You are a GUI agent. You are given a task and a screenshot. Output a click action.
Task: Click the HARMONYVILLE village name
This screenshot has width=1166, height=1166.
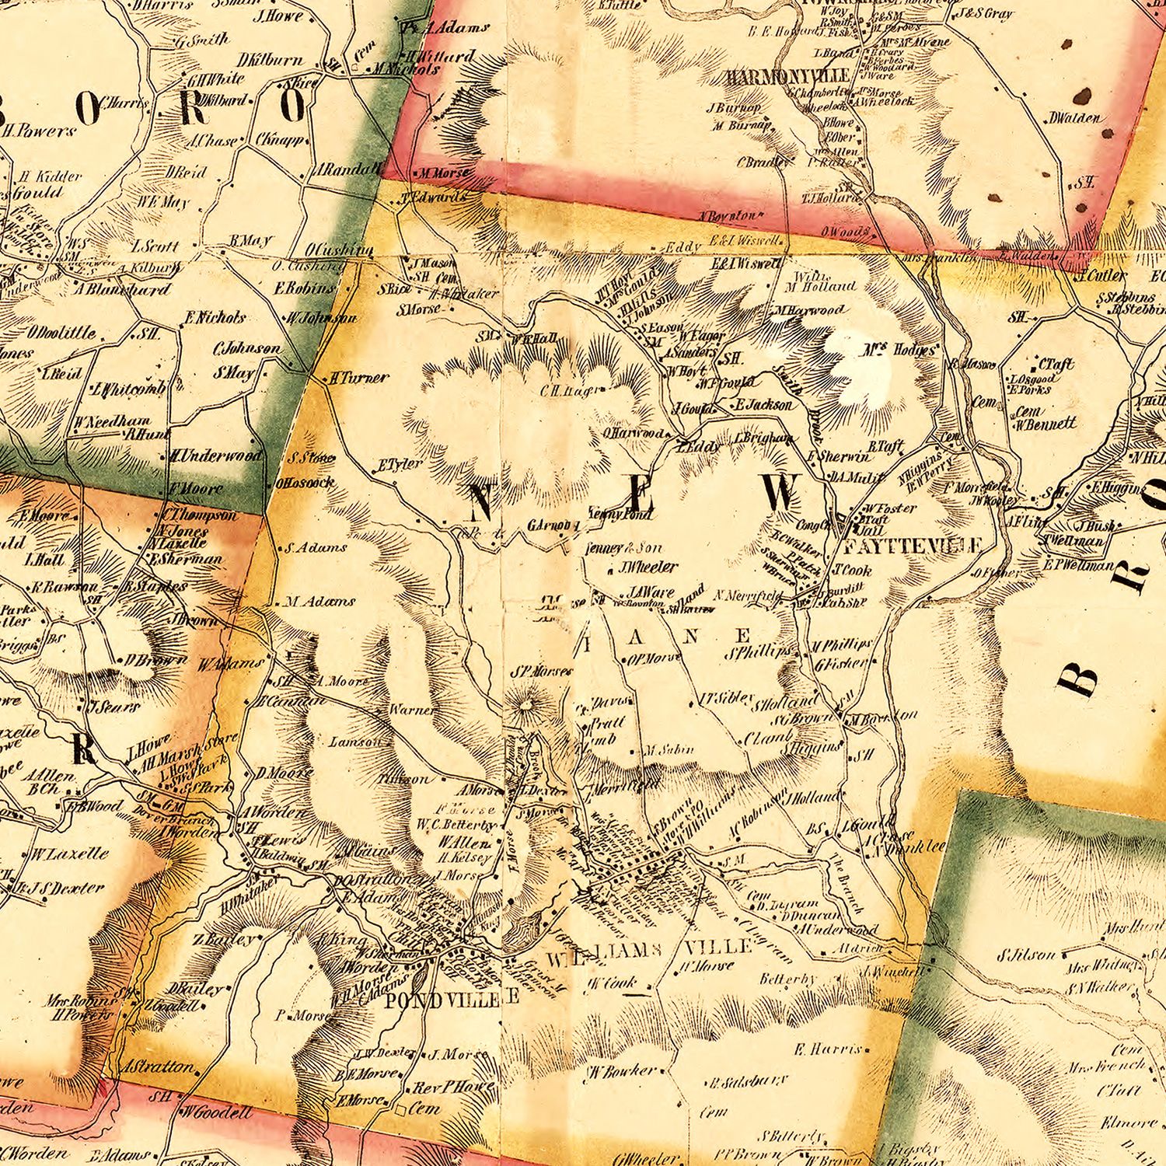(787, 77)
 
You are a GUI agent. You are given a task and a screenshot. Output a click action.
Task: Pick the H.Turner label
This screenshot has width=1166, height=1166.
(358, 378)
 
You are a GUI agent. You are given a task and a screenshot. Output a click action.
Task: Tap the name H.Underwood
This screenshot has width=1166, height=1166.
(215, 456)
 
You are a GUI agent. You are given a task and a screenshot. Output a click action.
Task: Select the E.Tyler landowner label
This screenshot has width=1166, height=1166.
(400, 466)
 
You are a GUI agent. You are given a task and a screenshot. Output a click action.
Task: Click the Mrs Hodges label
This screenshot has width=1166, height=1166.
(898, 351)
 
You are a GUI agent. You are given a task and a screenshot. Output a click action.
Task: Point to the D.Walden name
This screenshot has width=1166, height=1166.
(1074, 118)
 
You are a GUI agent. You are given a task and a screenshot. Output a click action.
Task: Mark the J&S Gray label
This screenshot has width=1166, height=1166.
(985, 13)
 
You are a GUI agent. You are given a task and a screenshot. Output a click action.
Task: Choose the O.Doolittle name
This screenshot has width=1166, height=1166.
(62, 333)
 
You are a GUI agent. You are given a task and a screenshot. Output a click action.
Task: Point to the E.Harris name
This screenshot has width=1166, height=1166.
(828, 1049)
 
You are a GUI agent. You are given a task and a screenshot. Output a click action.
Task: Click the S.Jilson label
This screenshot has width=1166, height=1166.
(1027, 955)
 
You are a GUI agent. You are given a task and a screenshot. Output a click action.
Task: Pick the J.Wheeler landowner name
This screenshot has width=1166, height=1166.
(648, 567)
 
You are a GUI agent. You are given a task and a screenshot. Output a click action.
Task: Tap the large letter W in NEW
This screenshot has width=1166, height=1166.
(780, 493)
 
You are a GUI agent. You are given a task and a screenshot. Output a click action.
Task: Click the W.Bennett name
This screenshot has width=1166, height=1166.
(1045, 424)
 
